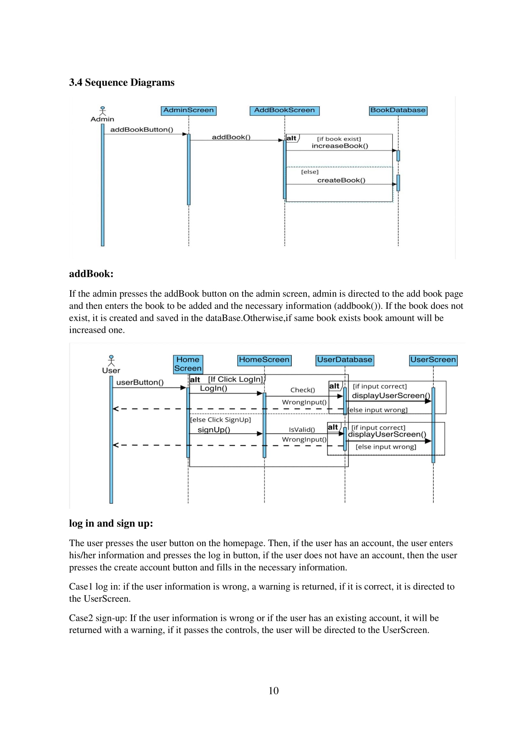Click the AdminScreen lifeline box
(x=188, y=111)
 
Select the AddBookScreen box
(x=284, y=111)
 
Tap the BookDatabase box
(x=398, y=111)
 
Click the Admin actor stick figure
(x=103, y=111)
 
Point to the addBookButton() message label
(x=141, y=129)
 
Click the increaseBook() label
(x=340, y=146)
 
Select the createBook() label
(x=341, y=180)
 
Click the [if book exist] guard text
(x=339, y=139)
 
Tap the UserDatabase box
(x=344, y=360)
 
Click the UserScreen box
(x=433, y=360)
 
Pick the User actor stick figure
(x=111, y=361)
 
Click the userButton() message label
(x=140, y=382)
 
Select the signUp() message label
(x=214, y=430)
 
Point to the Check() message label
(x=302, y=390)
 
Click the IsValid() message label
(x=302, y=430)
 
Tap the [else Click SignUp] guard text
(x=221, y=420)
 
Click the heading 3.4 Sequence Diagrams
(x=122, y=82)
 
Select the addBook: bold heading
(x=91, y=274)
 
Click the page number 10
(x=274, y=690)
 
